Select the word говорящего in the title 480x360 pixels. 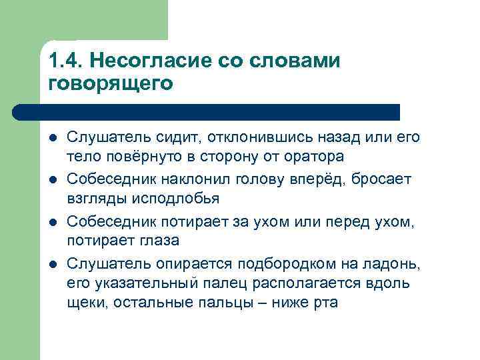pyautogui.click(x=111, y=84)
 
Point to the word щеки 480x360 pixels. pyautogui.click(x=87, y=303)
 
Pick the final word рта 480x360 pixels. pyautogui.click(x=325, y=303)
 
